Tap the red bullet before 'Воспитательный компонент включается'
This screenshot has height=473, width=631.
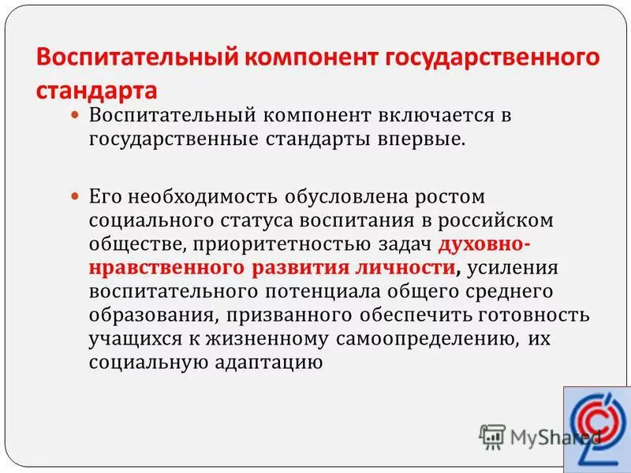point(75,115)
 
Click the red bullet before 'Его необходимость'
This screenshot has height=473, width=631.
point(75,194)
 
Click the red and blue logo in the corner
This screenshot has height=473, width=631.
point(597,430)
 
